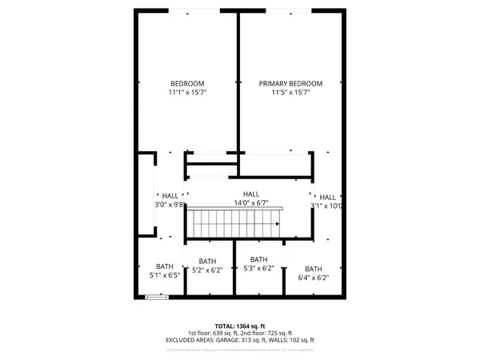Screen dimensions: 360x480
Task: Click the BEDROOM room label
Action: click(187, 83)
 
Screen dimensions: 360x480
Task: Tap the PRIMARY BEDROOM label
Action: click(290, 83)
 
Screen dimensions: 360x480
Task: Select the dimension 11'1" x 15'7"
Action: click(187, 93)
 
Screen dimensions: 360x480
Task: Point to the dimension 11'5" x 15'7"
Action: click(290, 93)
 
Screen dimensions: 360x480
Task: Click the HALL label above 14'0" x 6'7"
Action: click(251, 194)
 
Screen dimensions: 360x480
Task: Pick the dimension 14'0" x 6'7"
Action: click(251, 203)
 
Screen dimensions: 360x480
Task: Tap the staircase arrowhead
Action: click(277, 225)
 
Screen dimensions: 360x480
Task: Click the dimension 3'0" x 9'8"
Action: click(169, 205)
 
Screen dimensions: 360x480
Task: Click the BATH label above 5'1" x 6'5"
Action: click(165, 266)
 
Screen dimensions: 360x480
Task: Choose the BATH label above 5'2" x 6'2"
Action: click(207, 261)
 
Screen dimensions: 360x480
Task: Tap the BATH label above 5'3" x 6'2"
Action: click(258, 259)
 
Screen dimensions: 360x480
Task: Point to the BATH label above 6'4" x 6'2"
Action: click(313, 269)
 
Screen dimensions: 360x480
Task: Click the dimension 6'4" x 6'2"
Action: click(313, 278)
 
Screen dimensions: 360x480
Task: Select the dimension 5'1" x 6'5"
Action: click(165, 276)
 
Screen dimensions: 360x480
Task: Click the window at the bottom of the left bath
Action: click(158, 298)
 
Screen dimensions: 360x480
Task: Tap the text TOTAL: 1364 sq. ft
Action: click(240, 326)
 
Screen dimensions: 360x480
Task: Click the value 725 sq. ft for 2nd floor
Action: click(279, 333)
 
